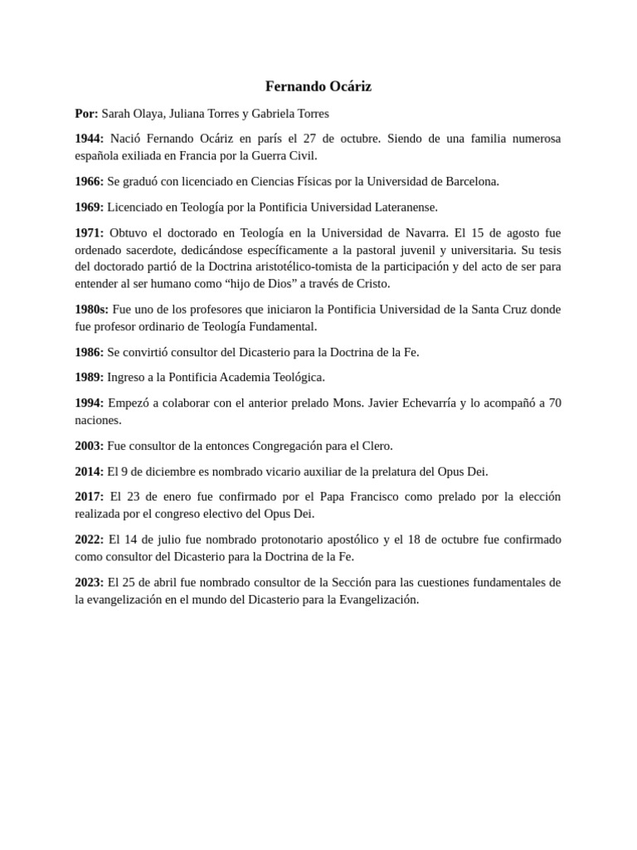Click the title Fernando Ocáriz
318,86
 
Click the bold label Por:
86,113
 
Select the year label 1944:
90,138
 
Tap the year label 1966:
90,181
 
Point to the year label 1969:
90,207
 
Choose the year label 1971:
90,232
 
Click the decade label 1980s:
92,309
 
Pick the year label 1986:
90,352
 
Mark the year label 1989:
90,377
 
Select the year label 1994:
90,403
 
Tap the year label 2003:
90,446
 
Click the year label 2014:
90,471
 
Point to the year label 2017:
90,496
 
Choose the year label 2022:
90,540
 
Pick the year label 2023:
90,582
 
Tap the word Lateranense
404,207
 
